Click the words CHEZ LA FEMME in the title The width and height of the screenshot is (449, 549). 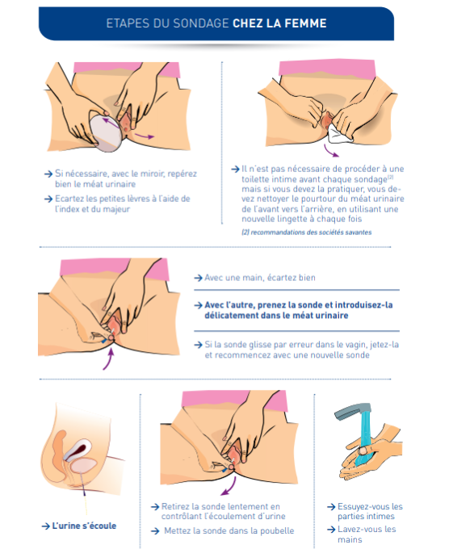(x=279, y=23)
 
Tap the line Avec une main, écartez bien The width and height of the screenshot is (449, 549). (x=258, y=278)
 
